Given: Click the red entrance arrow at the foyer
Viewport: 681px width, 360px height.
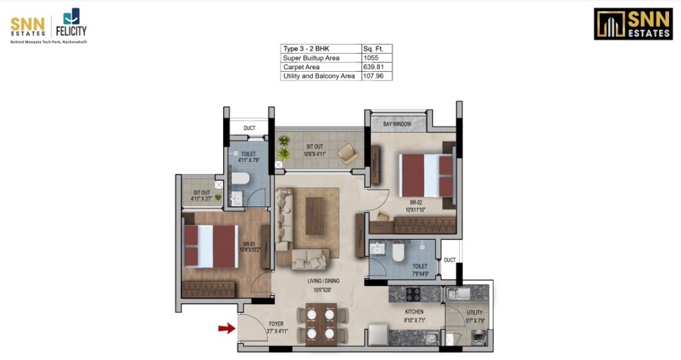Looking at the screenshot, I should pos(227,327).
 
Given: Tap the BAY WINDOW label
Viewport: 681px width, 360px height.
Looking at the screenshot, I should pos(397,124).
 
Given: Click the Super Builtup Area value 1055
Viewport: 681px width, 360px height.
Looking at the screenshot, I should pos(370,58).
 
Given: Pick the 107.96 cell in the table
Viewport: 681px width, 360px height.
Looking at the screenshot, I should pos(371,76).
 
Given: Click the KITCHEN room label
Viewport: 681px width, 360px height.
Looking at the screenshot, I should pos(415,312).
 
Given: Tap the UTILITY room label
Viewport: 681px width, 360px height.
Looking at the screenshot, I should pos(474,312).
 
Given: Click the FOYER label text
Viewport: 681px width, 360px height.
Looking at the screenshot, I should pos(276,324).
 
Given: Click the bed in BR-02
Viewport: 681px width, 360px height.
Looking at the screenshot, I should pos(425,175).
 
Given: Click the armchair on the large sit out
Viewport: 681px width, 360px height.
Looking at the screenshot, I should pos(349,154).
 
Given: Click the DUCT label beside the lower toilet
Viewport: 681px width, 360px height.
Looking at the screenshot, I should pos(450,260).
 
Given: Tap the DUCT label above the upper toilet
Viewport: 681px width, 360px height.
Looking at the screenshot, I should pos(249,128).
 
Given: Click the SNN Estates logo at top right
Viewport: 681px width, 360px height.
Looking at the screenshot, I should pos(632,24).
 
